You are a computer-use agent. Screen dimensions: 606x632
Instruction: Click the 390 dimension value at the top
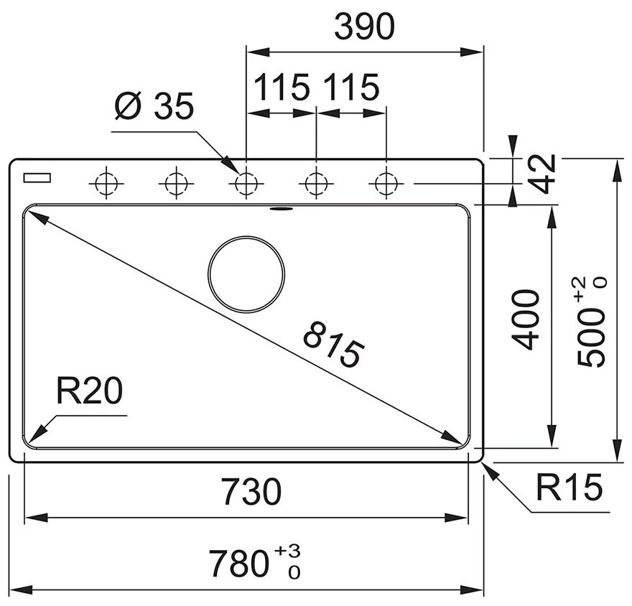(x=365, y=27)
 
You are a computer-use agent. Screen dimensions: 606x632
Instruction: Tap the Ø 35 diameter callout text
(x=154, y=108)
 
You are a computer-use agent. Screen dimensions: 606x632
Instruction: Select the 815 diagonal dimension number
(x=330, y=345)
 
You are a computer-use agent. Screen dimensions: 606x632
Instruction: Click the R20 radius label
(x=90, y=393)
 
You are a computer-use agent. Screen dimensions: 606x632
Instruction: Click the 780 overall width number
(x=238, y=563)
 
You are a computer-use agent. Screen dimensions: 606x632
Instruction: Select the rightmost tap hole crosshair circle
(x=386, y=184)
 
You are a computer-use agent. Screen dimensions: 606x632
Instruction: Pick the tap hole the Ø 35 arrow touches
(x=246, y=184)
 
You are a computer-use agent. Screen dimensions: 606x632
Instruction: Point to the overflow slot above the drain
(x=280, y=209)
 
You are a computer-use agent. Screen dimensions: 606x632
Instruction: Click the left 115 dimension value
(x=282, y=88)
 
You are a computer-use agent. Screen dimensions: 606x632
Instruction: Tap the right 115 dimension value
(x=350, y=88)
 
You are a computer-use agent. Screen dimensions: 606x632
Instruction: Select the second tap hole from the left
(x=175, y=184)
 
